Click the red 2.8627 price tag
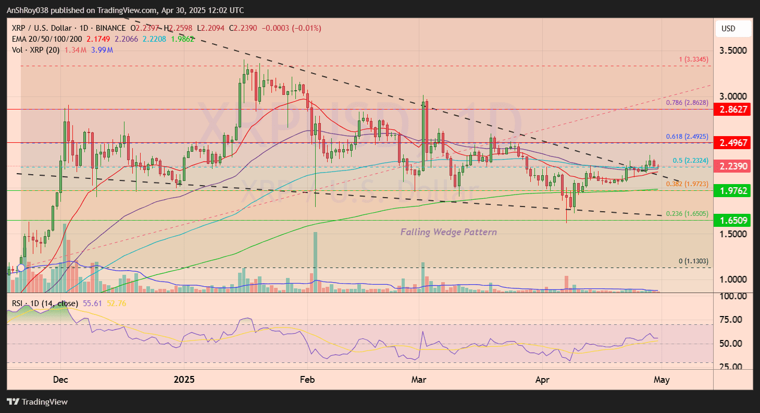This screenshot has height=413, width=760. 733,110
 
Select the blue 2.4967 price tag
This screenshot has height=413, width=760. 733,142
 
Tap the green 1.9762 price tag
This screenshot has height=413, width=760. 733,191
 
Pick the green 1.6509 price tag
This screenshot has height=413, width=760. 733,221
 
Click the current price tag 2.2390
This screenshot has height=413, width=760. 733,166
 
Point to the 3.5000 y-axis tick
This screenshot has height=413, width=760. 733,51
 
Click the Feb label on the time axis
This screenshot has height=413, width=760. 308,380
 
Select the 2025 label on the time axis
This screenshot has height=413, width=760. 184,380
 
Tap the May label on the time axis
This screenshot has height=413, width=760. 661,380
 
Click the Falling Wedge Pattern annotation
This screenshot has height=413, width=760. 448,232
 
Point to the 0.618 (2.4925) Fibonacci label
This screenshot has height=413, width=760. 687,137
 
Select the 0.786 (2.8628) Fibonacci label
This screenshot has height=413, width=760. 687,103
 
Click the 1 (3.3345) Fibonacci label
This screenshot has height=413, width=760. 694,59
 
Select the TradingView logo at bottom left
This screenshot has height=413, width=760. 37,402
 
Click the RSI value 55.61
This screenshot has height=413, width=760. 92,303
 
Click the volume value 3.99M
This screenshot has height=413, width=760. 103,50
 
